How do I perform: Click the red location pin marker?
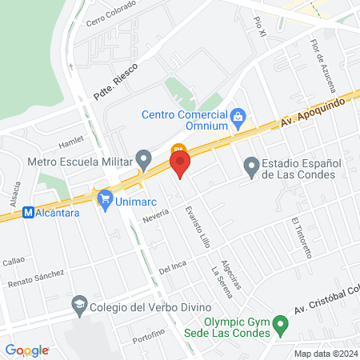[x=181, y=166]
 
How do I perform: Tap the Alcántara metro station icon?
[x=29, y=213]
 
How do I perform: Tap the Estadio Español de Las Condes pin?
[x=251, y=167]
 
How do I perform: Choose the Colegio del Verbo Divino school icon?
[x=79, y=305]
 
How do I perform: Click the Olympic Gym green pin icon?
[x=280, y=326]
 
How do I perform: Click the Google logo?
[x=26, y=350]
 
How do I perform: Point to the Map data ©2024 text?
[x=325, y=354]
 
